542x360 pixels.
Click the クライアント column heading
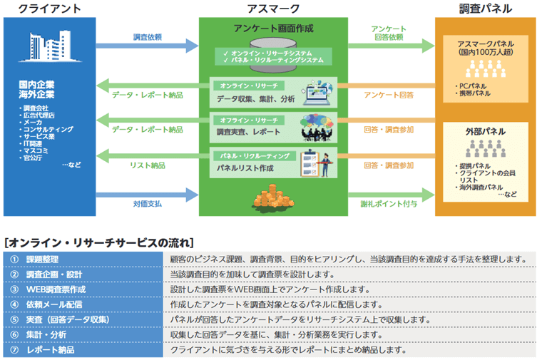49,9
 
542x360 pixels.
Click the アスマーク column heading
272,9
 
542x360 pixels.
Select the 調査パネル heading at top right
485,9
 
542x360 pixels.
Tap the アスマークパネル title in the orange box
485,48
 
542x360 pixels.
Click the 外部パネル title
485,132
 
